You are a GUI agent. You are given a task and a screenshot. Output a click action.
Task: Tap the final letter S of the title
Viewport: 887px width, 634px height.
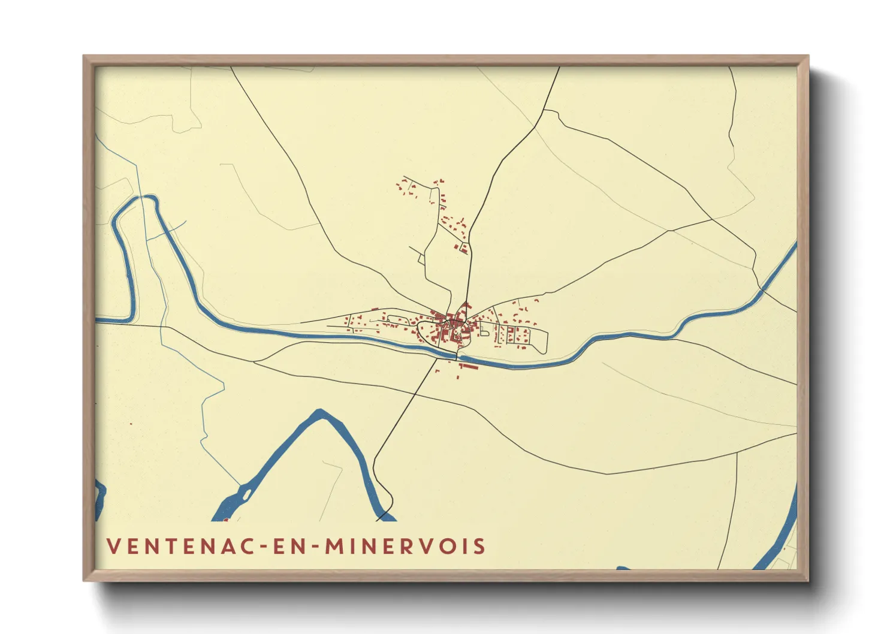pyautogui.click(x=479, y=547)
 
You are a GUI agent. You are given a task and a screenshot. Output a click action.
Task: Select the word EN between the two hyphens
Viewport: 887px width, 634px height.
pyautogui.click(x=285, y=547)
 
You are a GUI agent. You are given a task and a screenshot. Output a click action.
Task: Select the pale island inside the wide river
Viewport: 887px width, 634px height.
pyautogui.click(x=246, y=494)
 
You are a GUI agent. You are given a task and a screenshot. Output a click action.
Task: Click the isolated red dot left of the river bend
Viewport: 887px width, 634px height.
pyautogui.click(x=131, y=424)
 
